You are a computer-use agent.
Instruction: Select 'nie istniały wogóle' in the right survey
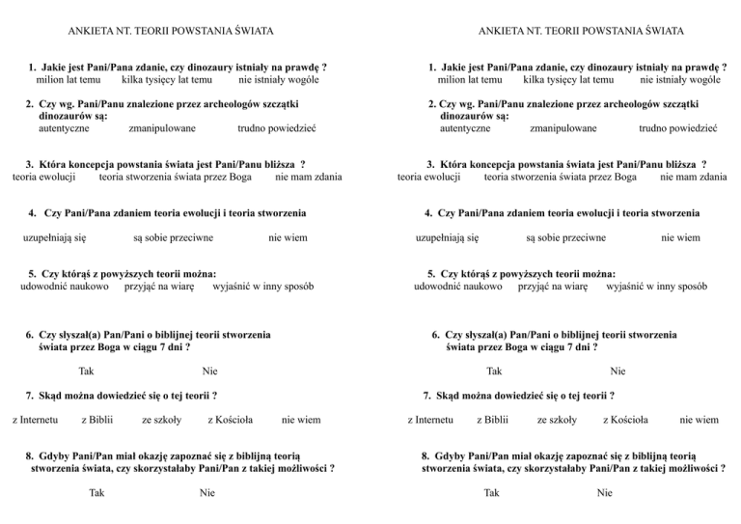pyautogui.click(x=680, y=81)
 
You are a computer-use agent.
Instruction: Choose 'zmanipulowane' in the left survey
pyautogui.click(x=161, y=127)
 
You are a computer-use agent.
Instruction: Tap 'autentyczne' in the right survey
pyautogui.click(x=464, y=127)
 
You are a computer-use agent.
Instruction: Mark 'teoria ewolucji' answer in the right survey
pyautogui.click(x=428, y=178)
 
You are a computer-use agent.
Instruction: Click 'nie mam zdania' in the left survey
pyautogui.click(x=308, y=178)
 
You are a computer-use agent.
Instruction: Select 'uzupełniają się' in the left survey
pyautogui.click(x=55, y=236)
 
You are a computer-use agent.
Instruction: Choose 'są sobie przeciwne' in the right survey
pyautogui.click(x=565, y=236)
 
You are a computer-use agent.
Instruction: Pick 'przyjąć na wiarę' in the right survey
pyautogui.click(x=553, y=287)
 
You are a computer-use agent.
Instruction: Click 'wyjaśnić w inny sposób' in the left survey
pyautogui.click(x=261, y=287)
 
